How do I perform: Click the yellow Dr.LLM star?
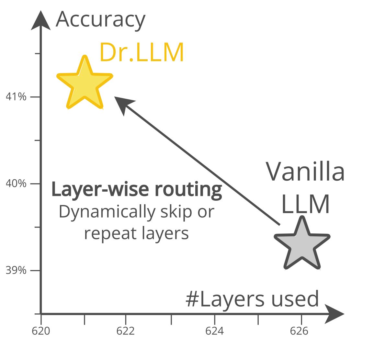85,84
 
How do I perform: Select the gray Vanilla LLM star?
302,245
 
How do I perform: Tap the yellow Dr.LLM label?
141,52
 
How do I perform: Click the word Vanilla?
305,172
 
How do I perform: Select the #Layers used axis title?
252,299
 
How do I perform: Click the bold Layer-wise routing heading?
137,189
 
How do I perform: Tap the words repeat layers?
136,233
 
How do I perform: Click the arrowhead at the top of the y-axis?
40,20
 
